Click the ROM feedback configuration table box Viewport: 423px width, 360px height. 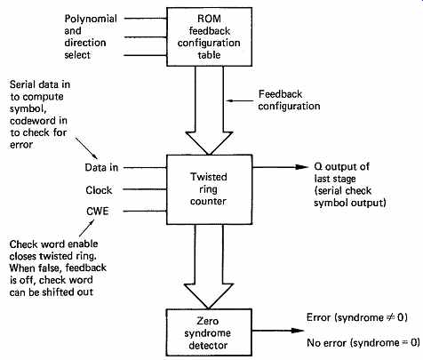point(209,36)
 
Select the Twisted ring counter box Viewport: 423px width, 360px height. point(209,189)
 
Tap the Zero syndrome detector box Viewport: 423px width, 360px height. point(209,332)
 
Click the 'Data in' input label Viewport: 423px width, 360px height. point(101,167)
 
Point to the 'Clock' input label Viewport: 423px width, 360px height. point(99,190)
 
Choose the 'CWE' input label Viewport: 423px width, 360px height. point(98,212)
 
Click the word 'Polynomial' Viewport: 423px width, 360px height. point(91,19)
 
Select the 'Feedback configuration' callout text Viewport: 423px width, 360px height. point(289,100)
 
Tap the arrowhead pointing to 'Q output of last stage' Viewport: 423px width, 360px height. point(302,167)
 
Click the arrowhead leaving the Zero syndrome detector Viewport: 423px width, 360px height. point(298,331)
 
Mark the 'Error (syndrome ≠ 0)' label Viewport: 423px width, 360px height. point(357,317)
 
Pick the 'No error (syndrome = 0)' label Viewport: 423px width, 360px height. point(363,343)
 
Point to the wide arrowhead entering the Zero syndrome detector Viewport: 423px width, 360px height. point(209,296)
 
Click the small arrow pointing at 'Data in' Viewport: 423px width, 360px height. point(86,148)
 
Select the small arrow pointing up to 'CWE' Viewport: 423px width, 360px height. point(86,228)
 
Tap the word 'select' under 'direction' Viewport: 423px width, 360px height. point(77,55)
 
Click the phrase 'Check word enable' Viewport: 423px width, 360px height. point(53,244)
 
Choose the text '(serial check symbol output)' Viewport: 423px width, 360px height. point(350,196)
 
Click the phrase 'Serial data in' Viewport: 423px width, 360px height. point(40,84)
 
